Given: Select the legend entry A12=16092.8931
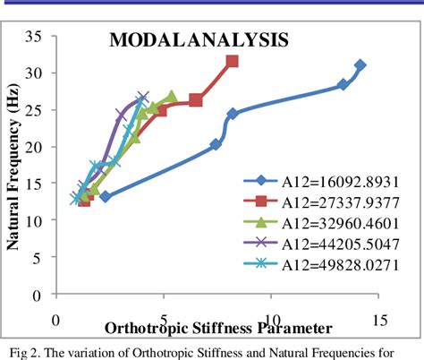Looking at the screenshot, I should pos(318,180).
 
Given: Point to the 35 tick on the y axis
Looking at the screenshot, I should pos(36,37).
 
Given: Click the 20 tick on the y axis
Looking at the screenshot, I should pos(36,147).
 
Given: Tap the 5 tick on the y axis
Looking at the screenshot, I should pos(40,258).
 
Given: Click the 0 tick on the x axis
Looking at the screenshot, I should pos(55,319).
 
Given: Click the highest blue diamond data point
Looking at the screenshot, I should pos(360,65).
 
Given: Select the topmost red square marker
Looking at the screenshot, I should pos(232,62).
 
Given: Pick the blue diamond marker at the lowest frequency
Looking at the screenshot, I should pos(105,196).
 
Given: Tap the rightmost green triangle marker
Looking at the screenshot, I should pos(172,97).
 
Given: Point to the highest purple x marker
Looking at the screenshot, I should pos(143,97).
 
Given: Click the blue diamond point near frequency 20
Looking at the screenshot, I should pos(216,144).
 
